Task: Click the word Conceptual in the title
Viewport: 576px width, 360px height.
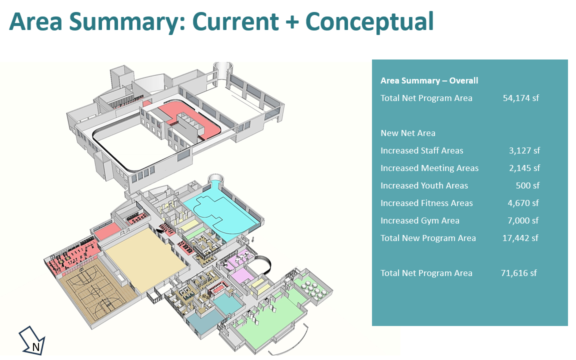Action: (369, 21)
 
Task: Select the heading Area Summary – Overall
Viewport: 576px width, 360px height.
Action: (429, 80)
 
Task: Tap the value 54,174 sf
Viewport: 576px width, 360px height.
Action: (520, 98)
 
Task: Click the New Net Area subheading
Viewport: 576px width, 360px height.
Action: (408, 133)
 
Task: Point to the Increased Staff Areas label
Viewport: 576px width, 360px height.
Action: (421, 150)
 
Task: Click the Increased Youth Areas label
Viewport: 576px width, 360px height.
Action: (424, 185)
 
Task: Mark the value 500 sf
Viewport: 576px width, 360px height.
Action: (527, 185)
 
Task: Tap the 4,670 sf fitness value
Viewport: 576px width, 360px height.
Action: (522, 203)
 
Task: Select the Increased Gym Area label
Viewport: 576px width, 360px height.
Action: (419, 220)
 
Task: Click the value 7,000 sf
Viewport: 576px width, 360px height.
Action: (523, 220)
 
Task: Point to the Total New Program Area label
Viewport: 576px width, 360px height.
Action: (428, 238)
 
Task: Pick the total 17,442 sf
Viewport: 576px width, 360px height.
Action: (520, 238)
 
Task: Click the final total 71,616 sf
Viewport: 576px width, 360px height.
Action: (518, 273)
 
